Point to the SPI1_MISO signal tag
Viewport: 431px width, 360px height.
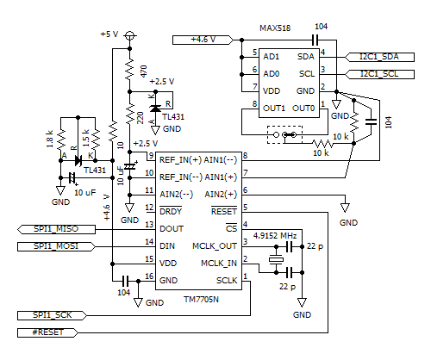click(52, 228)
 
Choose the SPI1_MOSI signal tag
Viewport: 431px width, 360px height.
click(52, 247)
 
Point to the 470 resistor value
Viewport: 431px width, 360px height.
click(144, 68)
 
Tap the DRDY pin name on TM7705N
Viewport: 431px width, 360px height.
click(172, 211)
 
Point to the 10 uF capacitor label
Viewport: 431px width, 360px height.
click(84, 192)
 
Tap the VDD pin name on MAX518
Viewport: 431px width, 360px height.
click(272, 89)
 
